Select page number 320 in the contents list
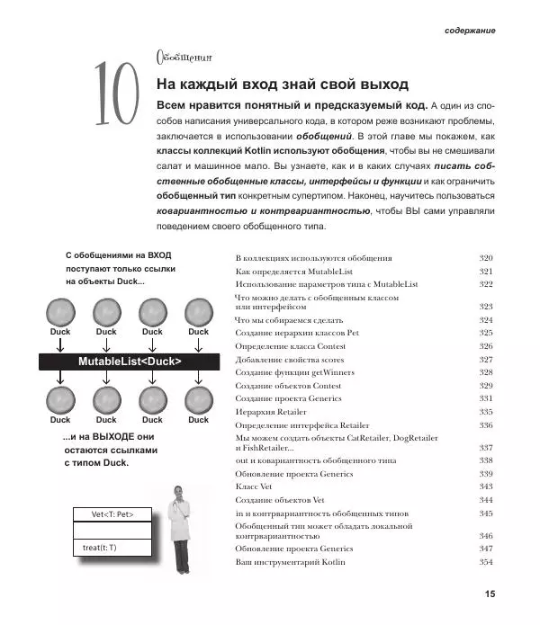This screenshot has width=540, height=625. click(486, 257)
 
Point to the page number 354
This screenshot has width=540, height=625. click(486, 562)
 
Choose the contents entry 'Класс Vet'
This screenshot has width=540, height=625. click(254, 486)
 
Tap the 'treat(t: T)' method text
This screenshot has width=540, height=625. click(99, 548)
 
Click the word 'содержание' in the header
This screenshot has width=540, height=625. click(470, 31)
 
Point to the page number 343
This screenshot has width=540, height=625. click(486, 486)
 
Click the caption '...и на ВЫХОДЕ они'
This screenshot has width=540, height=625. click(108, 437)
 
